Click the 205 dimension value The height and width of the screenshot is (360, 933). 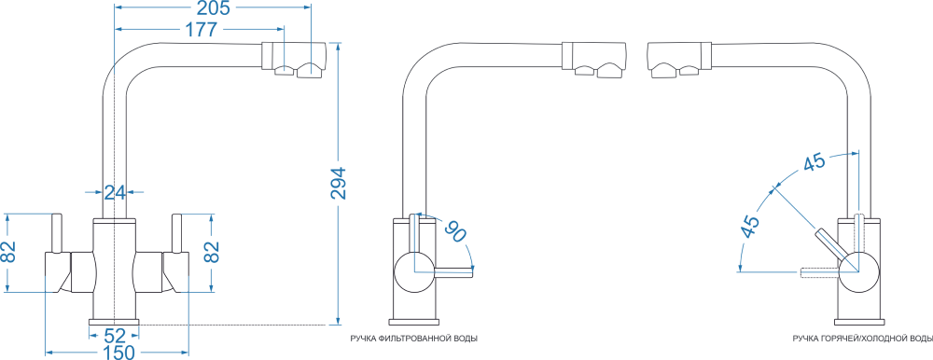pyautogui.click(x=212, y=7)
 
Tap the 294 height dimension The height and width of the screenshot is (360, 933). pyautogui.click(x=338, y=183)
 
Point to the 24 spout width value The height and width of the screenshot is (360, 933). pyautogui.click(x=115, y=192)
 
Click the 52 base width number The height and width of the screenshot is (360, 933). pyautogui.click(x=115, y=336)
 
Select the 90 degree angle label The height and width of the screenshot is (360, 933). pyautogui.click(x=457, y=231)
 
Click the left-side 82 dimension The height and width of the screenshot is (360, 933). pyautogui.click(x=8, y=252)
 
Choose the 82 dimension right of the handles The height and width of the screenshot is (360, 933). pyautogui.click(x=211, y=253)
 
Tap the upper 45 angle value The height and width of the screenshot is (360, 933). pyautogui.click(x=814, y=163)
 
